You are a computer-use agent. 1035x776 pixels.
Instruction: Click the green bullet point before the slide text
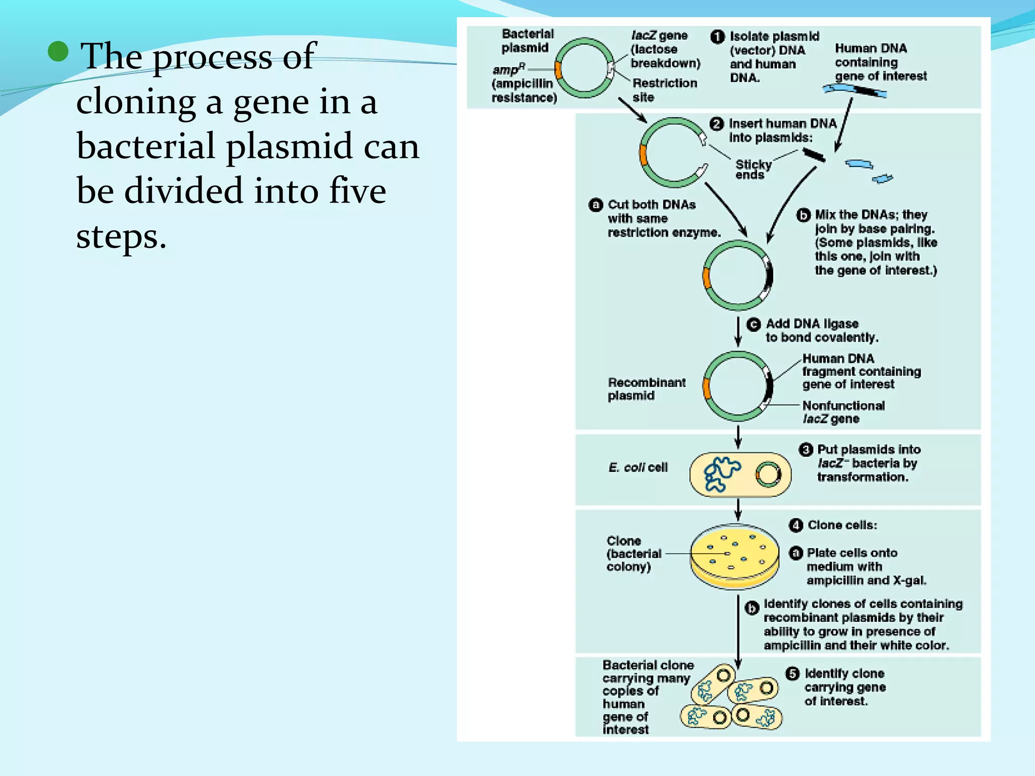point(59,52)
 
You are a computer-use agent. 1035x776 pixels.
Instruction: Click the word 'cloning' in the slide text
point(135,102)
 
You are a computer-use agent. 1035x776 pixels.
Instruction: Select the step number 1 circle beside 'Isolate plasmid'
point(717,36)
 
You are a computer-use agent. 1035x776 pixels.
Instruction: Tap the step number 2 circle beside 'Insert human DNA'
point(716,124)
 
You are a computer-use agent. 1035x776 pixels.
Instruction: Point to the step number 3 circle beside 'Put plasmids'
point(806,450)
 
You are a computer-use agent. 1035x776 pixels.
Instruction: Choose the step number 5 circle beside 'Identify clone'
point(792,673)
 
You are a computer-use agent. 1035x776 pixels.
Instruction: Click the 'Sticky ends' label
point(753,169)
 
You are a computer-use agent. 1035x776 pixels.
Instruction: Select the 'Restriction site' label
point(664,90)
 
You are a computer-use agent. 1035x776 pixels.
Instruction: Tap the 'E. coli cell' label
point(638,468)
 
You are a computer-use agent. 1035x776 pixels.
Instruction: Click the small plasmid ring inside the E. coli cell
point(768,474)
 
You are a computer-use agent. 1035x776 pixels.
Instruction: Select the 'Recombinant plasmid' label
point(646,389)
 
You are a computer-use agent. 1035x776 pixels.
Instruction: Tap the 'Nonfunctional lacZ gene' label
point(843,412)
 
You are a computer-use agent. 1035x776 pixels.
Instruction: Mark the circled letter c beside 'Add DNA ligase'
point(754,324)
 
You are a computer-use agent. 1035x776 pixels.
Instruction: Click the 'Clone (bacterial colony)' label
point(634,554)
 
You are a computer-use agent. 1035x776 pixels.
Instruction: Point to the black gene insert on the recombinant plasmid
point(769,386)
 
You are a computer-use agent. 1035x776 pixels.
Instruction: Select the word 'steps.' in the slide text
point(121,236)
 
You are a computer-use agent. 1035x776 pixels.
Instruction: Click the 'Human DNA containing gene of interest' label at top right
point(880,62)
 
